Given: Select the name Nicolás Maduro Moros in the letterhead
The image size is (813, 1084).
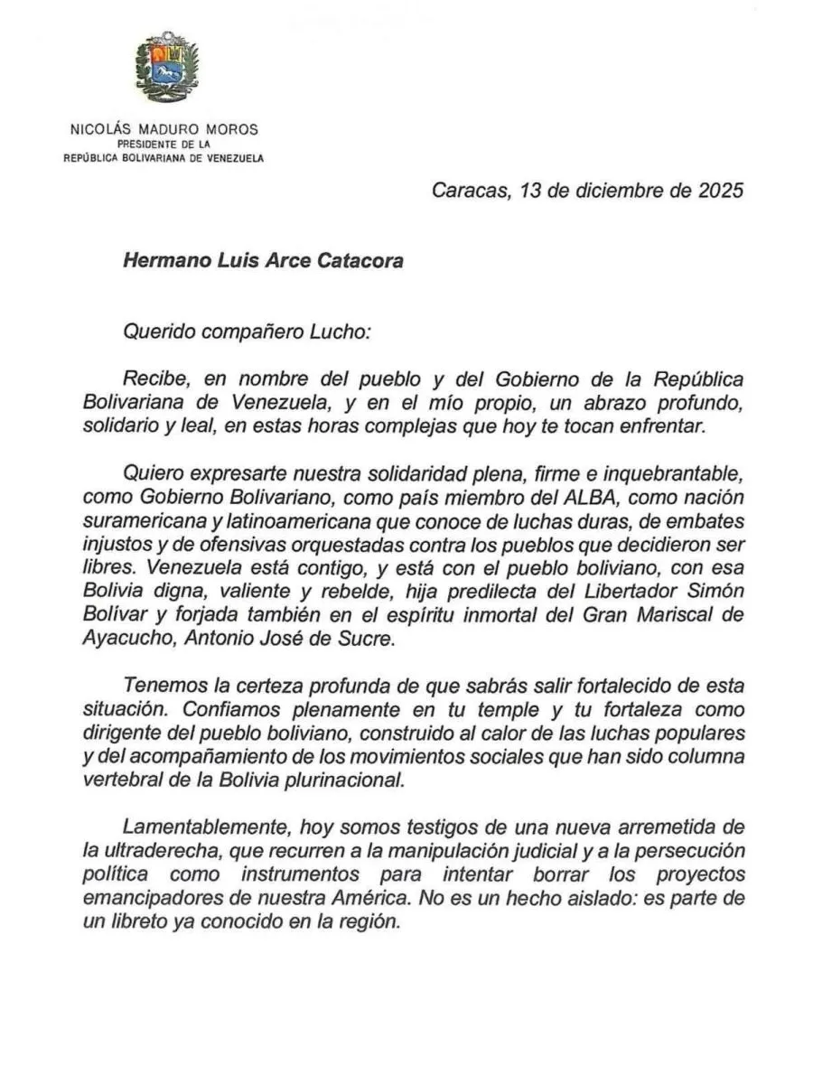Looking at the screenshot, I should coord(164,129).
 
